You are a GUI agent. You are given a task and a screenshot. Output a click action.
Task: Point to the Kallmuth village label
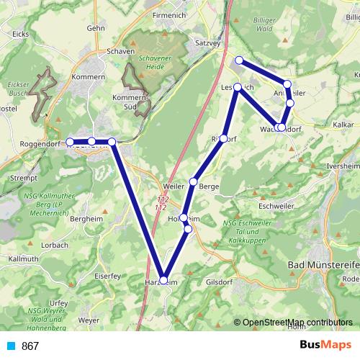19,258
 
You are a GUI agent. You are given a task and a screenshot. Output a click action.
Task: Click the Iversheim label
343,165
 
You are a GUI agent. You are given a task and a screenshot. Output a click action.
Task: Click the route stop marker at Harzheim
163,280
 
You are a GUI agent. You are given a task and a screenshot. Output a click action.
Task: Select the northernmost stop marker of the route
239,60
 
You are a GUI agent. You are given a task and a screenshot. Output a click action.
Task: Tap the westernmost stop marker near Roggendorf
71,142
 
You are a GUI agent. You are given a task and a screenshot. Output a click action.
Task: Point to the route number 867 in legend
31,346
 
